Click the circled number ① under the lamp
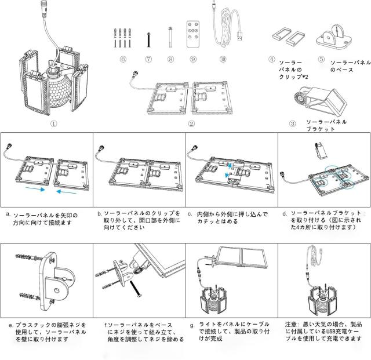tap(54, 122)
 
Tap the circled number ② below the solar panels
tap(191, 122)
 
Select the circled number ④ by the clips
tap(271, 59)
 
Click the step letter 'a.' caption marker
tap(7, 213)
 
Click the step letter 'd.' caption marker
tap(285, 213)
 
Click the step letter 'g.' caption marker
tap(192, 325)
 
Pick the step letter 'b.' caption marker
tap(100, 213)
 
